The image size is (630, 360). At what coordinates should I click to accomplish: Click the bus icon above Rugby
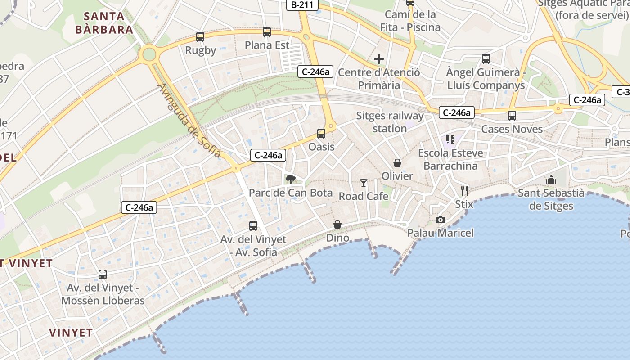pos(200,37)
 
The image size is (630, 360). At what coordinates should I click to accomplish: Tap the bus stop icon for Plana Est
pos(267,32)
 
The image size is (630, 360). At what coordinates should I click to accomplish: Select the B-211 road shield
pos(302,5)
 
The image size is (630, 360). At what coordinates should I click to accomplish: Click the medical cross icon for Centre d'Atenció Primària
pos(379,59)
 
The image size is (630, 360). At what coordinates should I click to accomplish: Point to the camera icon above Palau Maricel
pos(441,220)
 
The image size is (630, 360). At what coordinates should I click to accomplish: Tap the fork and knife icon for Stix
pos(464,191)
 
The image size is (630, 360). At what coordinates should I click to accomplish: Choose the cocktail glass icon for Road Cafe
pos(364,183)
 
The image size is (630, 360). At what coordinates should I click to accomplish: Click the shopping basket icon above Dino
pos(337,225)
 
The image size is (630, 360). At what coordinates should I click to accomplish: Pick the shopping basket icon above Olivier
pos(397,162)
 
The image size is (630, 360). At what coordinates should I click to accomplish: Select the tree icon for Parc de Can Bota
pos(291,180)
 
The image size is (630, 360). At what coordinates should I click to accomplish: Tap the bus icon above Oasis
pos(321,134)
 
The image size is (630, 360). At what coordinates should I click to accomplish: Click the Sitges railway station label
pos(390,122)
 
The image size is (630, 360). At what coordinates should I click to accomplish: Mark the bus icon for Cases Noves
pos(512,116)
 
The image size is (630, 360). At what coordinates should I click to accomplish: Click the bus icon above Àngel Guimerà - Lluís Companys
pos(486,59)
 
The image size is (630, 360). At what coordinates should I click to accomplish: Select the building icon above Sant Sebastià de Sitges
pos(551,180)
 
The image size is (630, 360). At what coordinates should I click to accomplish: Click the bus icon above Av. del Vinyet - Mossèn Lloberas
pos(103,274)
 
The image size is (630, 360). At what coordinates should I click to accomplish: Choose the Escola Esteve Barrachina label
pos(450,159)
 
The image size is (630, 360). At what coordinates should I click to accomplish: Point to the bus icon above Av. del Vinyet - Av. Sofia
pos(253,226)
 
